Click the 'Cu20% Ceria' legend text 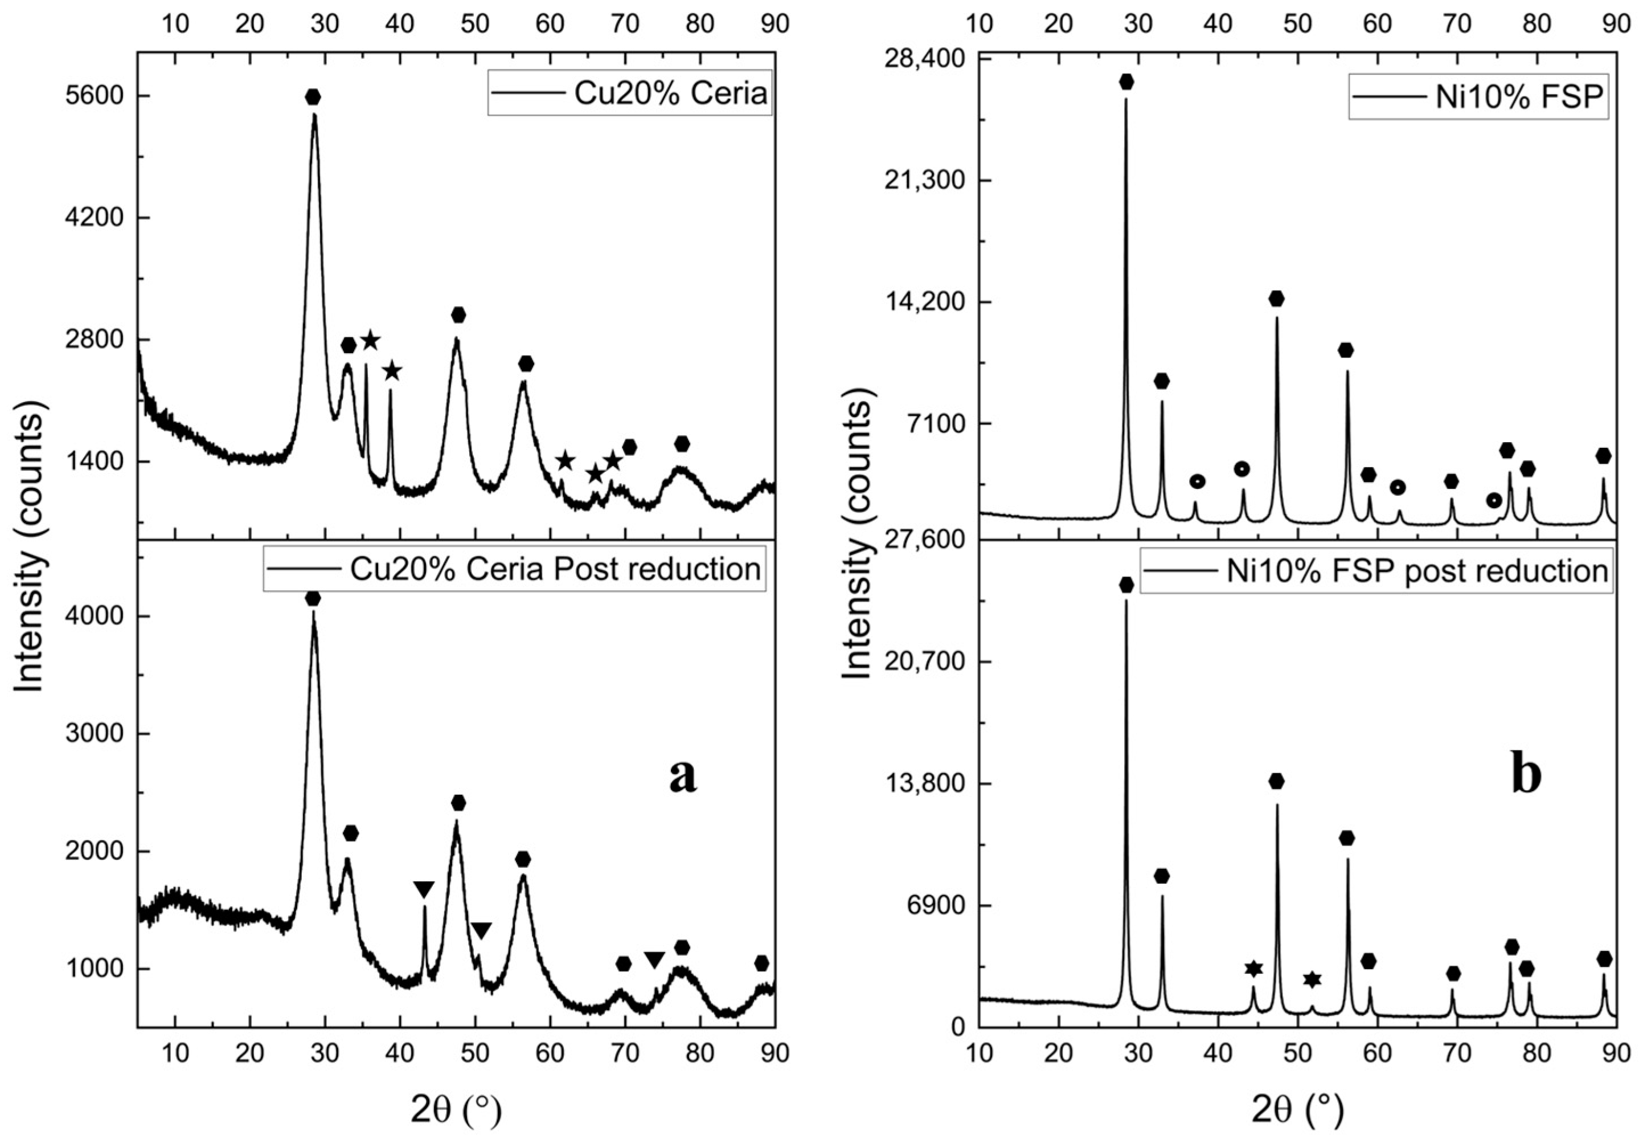pos(670,94)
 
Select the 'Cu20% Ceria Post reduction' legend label pos(555,569)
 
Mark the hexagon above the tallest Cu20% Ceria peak pos(313,97)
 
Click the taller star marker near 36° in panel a pos(371,341)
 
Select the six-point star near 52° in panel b pos(1312,979)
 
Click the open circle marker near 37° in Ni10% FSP pos(1197,481)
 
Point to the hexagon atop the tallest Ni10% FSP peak pos(1126,82)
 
